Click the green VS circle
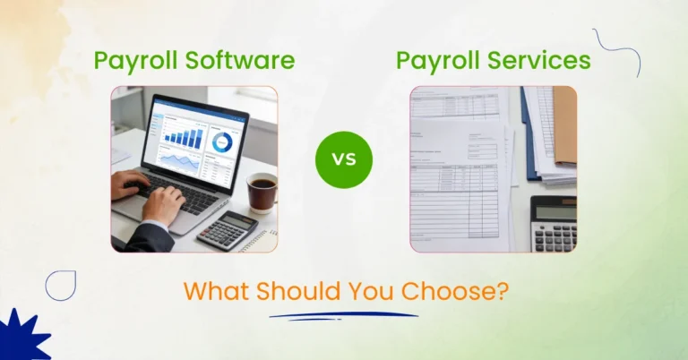pos(343,159)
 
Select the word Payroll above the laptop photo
pos(135,61)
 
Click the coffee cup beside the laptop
pos(262,191)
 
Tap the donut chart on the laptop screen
pos(220,141)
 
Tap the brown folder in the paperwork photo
pos(564,124)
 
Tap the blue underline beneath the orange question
pos(343,315)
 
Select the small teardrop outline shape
pos(61,284)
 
